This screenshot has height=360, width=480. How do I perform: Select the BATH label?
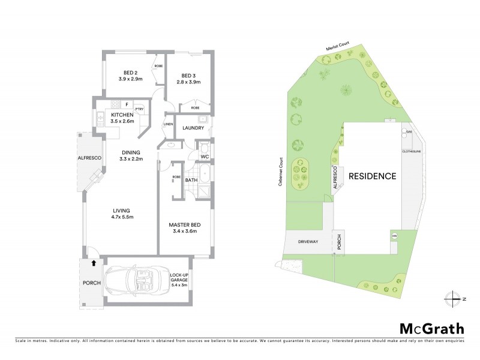click(191, 180)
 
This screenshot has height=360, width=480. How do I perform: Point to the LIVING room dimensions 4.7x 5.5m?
click(125, 217)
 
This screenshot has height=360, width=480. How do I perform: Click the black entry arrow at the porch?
click(93, 262)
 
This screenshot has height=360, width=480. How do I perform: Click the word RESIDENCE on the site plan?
click(373, 176)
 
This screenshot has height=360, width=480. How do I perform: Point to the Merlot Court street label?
click(337, 47)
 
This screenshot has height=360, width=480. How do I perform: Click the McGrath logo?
click(432, 328)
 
